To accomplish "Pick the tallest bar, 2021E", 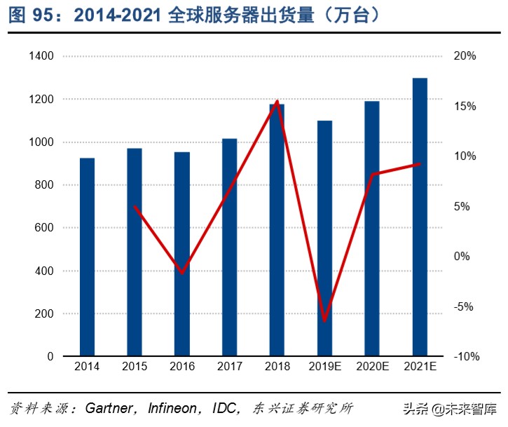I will pyautogui.click(x=420, y=217).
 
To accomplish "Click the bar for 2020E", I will pyautogui.click(x=372, y=229).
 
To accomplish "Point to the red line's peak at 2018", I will pyautogui.click(x=277, y=101).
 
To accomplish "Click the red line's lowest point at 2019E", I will pyautogui.click(x=324, y=320).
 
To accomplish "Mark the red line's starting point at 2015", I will pyautogui.click(x=135, y=207).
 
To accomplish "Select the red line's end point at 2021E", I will pyautogui.click(x=420, y=164).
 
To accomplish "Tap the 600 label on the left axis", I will pyautogui.click(x=44, y=228).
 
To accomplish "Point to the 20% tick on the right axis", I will pyautogui.click(x=465, y=56).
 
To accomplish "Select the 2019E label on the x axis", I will pyautogui.click(x=324, y=366).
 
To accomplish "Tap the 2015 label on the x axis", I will pyautogui.click(x=135, y=366).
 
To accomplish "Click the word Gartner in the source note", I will pyautogui.click(x=111, y=408).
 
